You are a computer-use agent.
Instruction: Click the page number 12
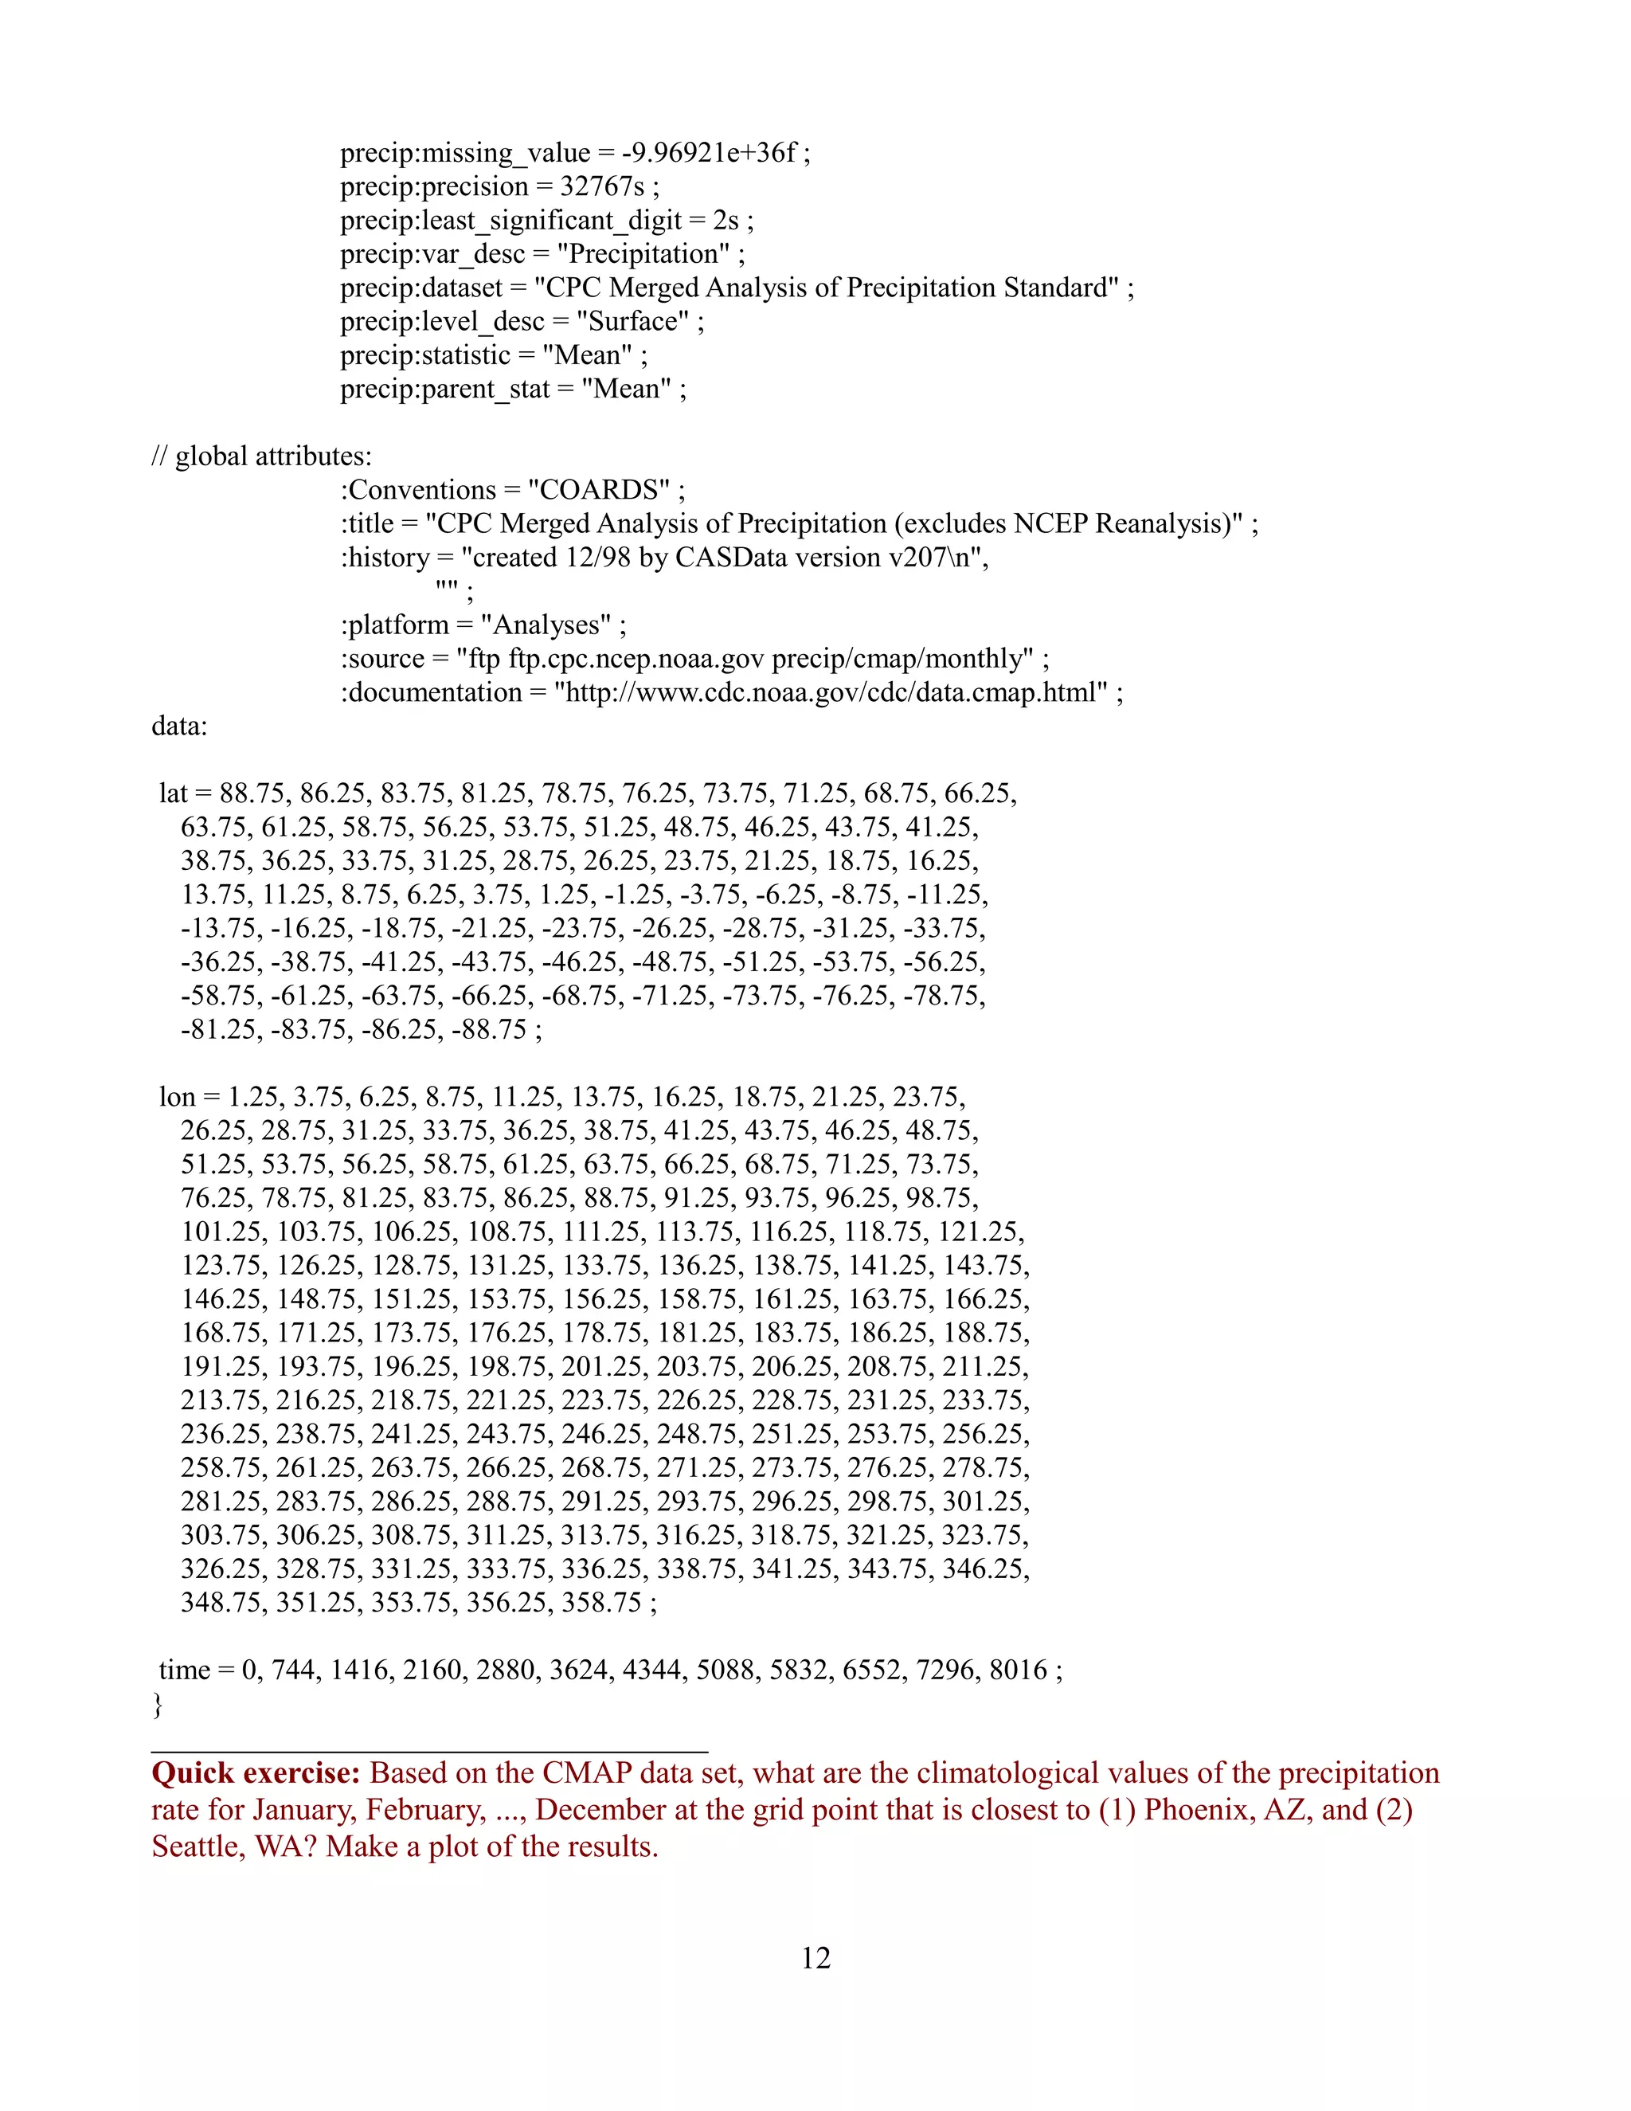(x=815, y=1957)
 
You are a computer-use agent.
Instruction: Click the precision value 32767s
(x=602, y=186)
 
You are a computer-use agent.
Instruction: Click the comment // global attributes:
(x=261, y=456)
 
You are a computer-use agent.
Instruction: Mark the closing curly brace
(x=158, y=1704)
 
